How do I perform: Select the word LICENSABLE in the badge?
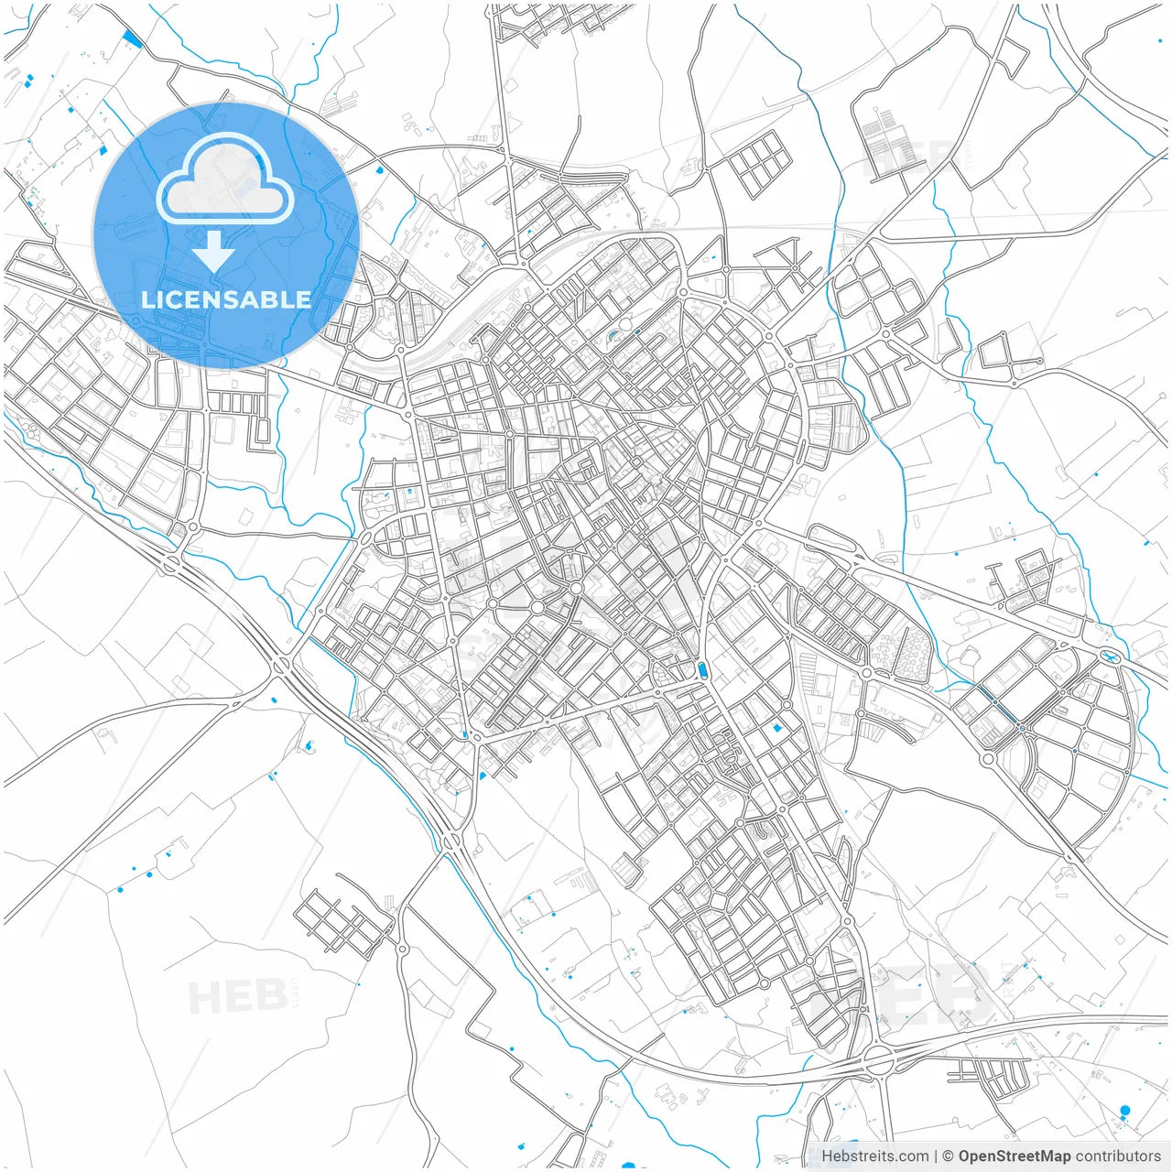[225, 299]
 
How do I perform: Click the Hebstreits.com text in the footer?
[874, 1156]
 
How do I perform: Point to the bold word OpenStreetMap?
[1015, 1156]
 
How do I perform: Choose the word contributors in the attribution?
[1118, 1156]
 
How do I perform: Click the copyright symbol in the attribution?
[948, 1156]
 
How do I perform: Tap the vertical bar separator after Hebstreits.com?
[935, 1156]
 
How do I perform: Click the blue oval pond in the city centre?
[702, 671]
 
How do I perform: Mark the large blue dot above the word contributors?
[1124, 1111]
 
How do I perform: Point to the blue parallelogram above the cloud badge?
[132, 38]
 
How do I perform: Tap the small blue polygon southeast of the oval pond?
[777, 728]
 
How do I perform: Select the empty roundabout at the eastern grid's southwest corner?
[987, 759]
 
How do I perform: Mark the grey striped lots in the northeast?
[883, 137]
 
